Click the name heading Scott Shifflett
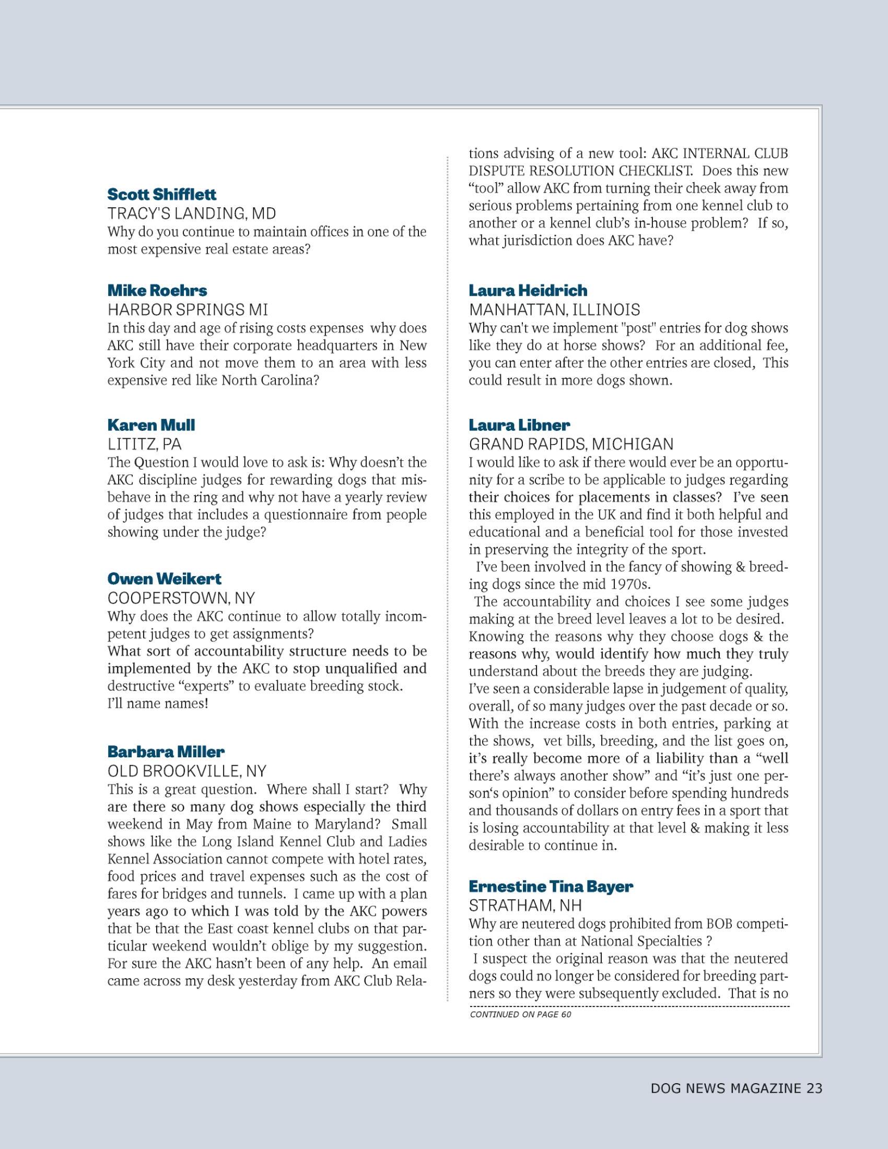(161, 195)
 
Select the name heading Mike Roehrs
(157, 290)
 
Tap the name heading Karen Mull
(151, 425)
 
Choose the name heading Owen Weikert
(164, 579)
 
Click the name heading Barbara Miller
(166, 751)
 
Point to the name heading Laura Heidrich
(528, 290)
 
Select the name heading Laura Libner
(519, 425)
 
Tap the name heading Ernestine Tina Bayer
(551, 886)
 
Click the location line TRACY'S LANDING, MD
(192, 214)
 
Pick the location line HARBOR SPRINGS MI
(188, 309)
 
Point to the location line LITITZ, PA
(144, 444)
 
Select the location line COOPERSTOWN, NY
(181, 598)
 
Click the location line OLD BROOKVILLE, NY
(187, 771)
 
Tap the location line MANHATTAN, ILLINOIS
(554, 309)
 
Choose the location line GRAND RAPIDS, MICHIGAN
(571, 444)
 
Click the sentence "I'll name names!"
(158, 704)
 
